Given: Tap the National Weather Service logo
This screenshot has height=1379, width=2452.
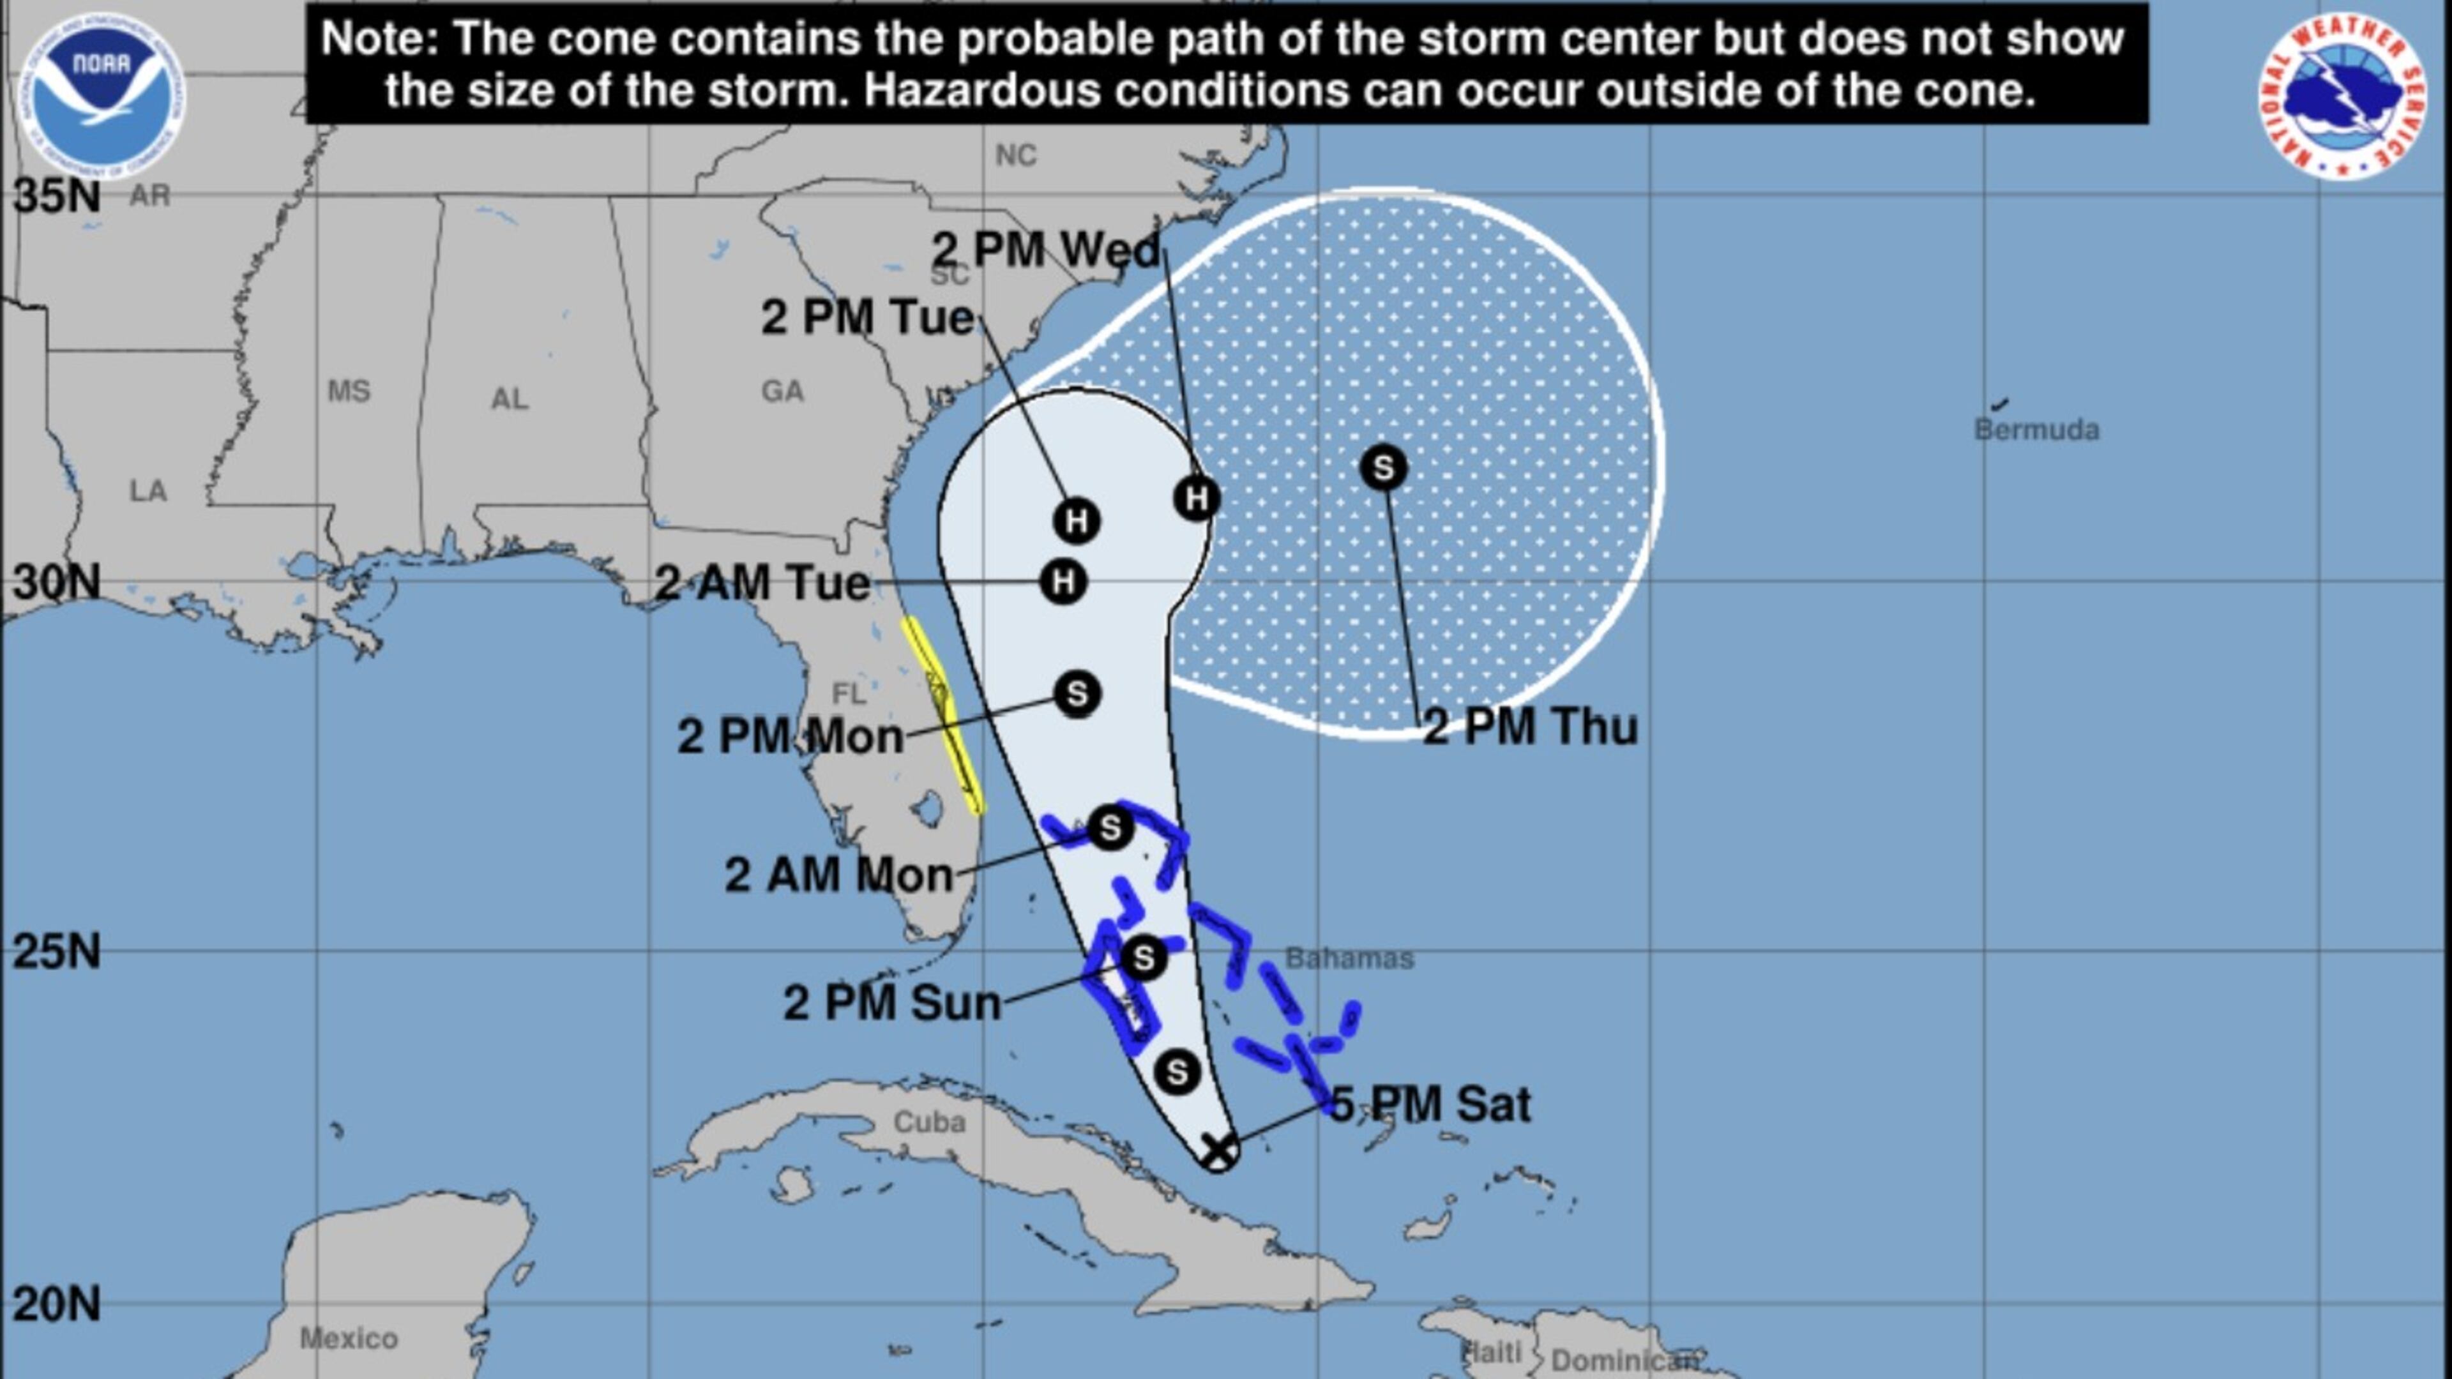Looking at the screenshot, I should coord(2343,95).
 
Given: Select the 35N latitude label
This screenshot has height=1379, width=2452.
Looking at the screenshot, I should coord(57,196).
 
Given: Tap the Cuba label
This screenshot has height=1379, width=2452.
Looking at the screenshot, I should coord(929,1122).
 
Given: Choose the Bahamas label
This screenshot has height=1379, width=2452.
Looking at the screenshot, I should coord(1349,958).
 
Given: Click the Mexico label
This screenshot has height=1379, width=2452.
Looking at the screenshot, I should coord(349,1338).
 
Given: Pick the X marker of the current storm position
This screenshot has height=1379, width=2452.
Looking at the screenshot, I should coord(1218,1150).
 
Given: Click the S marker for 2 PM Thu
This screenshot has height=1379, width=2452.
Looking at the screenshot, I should coord(1383,468).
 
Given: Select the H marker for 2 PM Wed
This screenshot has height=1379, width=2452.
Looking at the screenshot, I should coord(1197,498).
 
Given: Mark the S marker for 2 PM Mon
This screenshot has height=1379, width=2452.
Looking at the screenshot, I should coord(1077,694).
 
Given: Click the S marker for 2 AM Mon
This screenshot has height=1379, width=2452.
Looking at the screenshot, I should coord(1110,829).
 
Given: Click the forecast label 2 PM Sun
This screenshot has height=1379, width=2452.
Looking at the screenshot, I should coord(892,1002).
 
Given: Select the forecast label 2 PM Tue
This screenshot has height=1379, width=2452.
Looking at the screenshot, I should coord(867,317).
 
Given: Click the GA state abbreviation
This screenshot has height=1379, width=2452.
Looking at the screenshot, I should coord(782,390).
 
